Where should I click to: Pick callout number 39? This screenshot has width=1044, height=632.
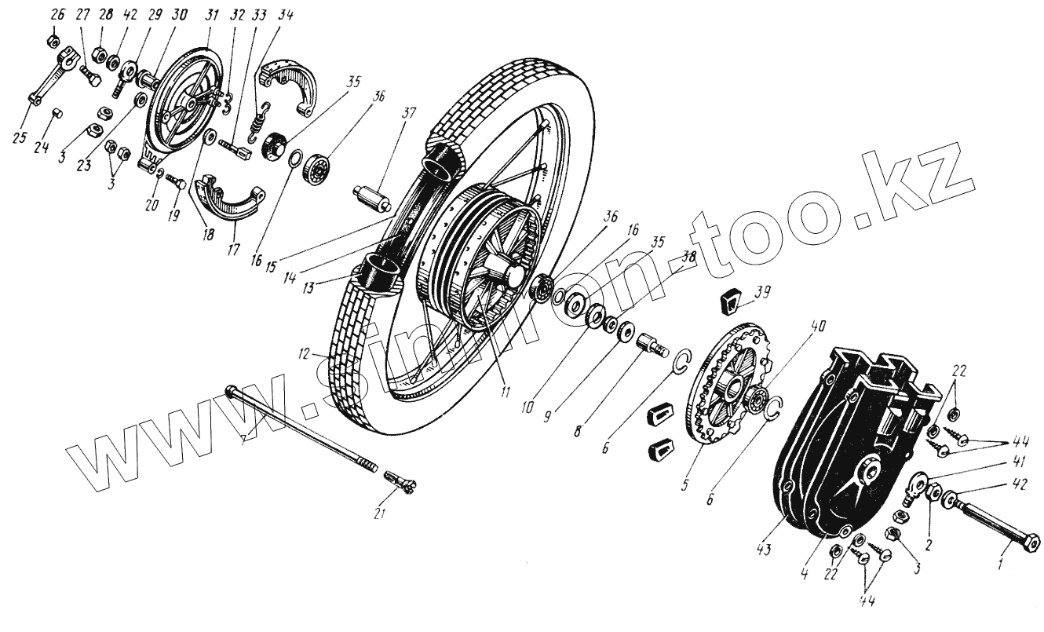point(762,291)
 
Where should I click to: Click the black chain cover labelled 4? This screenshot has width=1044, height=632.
point(848,448)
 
